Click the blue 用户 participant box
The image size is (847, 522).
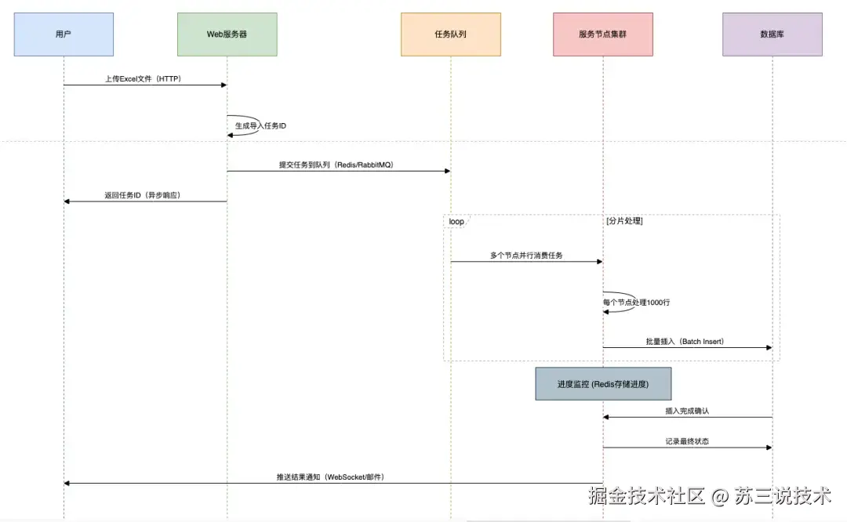[x=64, y=34]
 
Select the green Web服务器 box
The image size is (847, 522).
[x=227, y=34]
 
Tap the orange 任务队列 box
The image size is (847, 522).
[x=450, y=34]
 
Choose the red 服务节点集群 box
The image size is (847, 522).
[x=602, y=34]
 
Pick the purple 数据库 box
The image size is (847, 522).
[x=772, y=34]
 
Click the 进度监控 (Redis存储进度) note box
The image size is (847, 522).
[x=602, y=384]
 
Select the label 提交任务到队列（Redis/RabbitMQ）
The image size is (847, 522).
[x=338, y=165]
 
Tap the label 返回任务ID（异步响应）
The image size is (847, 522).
[x=143, y=195]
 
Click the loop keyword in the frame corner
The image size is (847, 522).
[x=456, y=222]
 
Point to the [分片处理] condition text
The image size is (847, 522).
[x=625, y=222]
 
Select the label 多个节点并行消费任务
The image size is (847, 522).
[x=526, y=256]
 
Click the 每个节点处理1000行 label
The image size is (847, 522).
[x=636, y=302]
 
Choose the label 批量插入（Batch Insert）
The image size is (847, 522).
[x=685, y=342]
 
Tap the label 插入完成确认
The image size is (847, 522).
[x=686, y=411]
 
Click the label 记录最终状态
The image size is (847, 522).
[x=686, y=441]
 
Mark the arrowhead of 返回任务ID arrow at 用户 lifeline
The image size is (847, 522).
[x=67, y=201]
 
